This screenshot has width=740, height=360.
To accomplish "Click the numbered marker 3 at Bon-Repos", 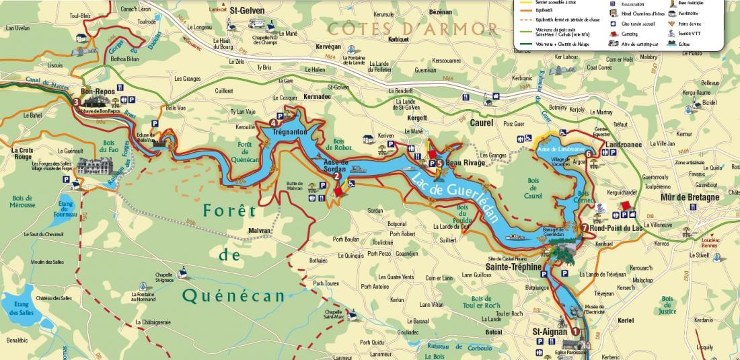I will pyautogui.click(x=77, y=102).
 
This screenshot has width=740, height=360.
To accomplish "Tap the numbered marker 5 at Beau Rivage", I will pyautogui.click(x=439, y=162).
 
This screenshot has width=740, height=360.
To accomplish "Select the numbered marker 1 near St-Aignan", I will pyautogui.click(x=575, y=330).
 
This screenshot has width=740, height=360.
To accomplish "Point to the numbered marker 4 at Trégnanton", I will pyautogui.click(x=273, y=122).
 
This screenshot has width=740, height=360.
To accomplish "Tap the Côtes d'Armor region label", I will pyautogui.click(x=413, y=29).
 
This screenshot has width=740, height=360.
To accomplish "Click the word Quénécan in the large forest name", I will pyautogui.click(x=236, y=295).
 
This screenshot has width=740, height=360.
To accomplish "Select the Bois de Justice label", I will pyautogui.click(x=667, y=305).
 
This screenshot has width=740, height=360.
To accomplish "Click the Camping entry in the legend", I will pyautogui.click(x=630, y=33).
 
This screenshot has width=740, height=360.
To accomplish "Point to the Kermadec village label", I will pyautogui.click(x=317, y=97).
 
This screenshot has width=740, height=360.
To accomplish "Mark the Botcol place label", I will pyautogui.click(x=493, y=332).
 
